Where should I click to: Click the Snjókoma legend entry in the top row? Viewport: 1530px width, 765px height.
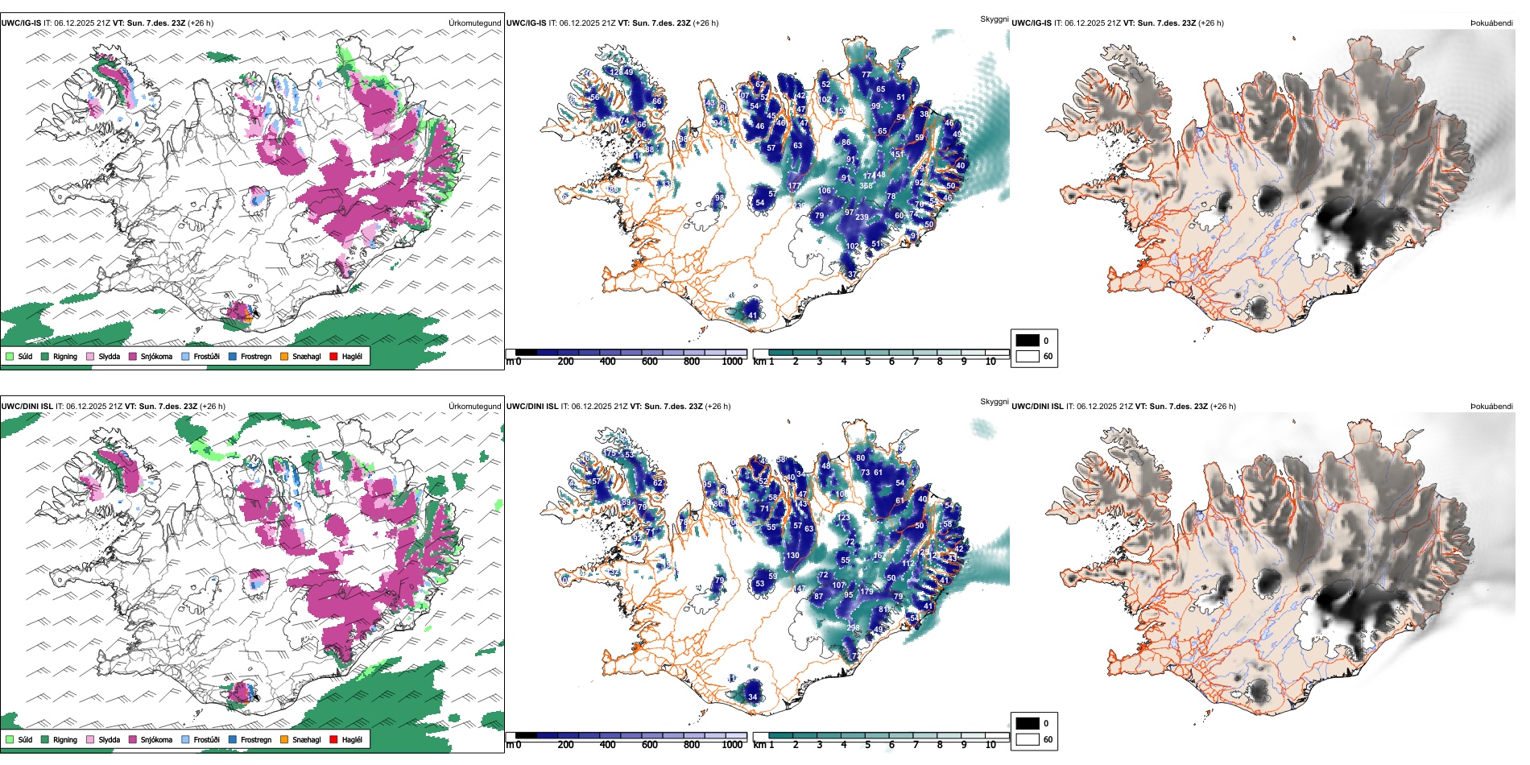[151, 357]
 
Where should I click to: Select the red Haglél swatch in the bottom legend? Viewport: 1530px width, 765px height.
[333, 740]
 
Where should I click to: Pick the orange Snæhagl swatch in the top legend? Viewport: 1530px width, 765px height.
[284, 357]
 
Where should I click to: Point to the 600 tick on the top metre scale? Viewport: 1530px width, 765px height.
[650, 362]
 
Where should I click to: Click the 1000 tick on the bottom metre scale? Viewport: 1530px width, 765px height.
[732, 745]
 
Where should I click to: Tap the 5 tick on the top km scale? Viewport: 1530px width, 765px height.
[867, 362]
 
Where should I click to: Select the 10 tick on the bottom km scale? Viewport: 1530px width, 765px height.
[990, 745]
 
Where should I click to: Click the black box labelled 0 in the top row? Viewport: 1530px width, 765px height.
[1028, 341]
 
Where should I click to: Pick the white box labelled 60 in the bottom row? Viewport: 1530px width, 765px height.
[1028, 739]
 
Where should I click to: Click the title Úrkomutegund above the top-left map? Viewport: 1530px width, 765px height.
[475, 23]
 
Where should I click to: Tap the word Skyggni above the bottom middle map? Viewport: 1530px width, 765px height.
[994, 402]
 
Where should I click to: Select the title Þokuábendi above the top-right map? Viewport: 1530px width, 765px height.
[1491, 23]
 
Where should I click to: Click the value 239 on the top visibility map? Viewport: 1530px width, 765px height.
[862, 217]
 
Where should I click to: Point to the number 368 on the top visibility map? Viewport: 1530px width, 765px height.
[866, 186]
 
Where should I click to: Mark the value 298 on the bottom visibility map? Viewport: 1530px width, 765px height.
[853, 628]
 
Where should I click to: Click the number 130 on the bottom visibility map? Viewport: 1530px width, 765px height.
[793, 556]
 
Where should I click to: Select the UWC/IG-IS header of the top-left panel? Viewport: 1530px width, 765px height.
[21, 23]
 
